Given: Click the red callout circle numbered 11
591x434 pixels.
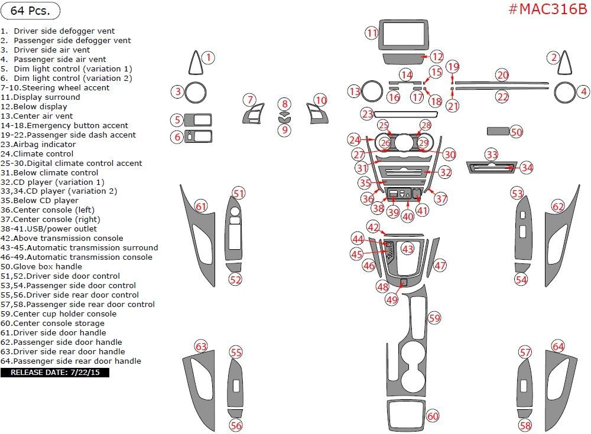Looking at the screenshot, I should click(x=371, y=33).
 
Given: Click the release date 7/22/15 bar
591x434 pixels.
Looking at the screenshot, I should click(x=55, y=373).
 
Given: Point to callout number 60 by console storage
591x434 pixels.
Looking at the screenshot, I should click(x=433, y=416).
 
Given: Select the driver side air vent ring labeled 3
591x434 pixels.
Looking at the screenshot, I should click(x=194, y=92).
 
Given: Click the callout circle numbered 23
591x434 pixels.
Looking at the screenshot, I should click(x=368, y=113).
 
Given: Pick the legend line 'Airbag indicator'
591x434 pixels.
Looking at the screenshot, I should click(x=44, y=144).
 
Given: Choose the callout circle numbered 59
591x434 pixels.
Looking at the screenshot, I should click(x=434, y=318).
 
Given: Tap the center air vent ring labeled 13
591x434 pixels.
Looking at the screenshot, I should click(x=372, y=91).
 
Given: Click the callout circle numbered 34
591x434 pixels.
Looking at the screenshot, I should click(x=527, y=168).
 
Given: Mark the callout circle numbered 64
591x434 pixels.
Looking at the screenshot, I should click(x=558, y=347).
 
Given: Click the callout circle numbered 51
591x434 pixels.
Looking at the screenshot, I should click(x=238, y=194).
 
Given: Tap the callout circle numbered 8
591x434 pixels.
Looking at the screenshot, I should click(x=285, y=104).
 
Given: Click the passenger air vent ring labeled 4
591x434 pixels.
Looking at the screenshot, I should click(x=565, y=92).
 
